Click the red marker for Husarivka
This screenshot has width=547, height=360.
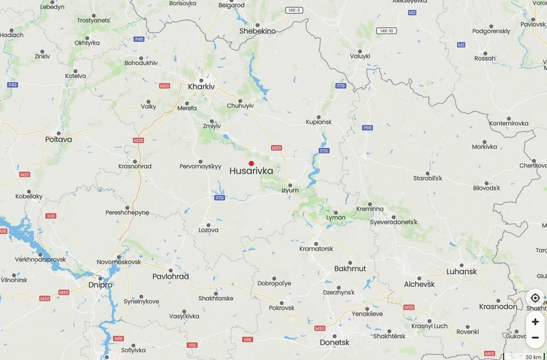[x=252, y=163]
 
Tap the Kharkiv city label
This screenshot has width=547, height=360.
[x=201, y=86]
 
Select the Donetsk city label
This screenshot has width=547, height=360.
[x=335, y=343]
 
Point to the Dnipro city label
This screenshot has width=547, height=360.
[x=100, y=285]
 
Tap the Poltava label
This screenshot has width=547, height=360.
[x=59, y=139]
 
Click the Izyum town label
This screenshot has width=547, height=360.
[x=290, y=191]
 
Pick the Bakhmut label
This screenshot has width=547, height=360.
[x=350, y=269]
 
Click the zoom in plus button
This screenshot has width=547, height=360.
[x=535, y=321]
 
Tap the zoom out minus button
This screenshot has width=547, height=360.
[x=535, y=337]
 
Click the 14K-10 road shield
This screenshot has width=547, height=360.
[x=387, y=31]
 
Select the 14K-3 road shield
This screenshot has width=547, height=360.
[x=295, y=10]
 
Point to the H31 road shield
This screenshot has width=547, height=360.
[x=51, y=216]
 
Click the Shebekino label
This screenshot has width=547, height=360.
[x=257, y=31]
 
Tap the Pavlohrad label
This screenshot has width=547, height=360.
[x=171, y=276]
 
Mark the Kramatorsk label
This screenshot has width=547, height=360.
[x=316, y=249]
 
